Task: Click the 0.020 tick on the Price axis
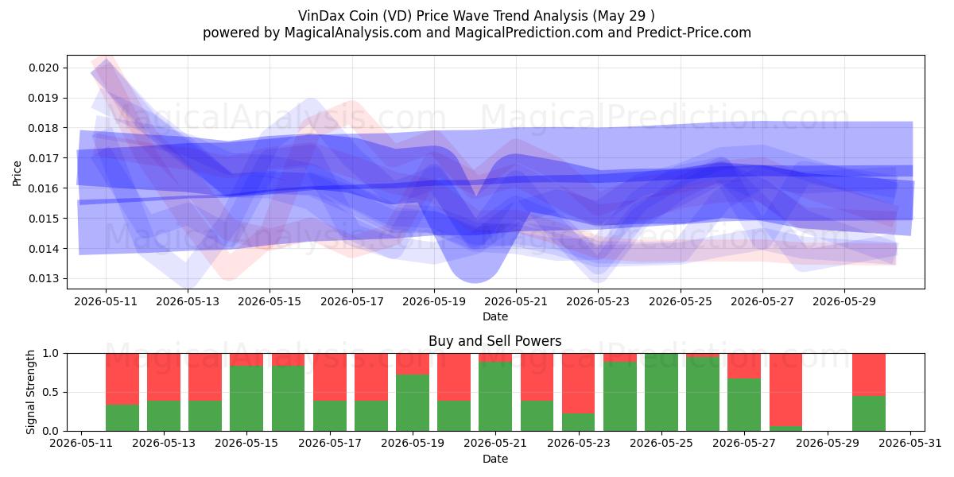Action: (44, 68)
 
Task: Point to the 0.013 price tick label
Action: (44, 278)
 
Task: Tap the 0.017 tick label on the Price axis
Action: (44, 158)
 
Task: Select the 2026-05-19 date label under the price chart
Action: (434, 301)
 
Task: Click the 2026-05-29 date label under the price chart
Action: (844, 301)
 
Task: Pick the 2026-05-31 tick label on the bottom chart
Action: (910, 444)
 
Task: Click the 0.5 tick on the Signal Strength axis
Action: (51, 392)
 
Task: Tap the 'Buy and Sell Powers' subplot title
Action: (494, 341)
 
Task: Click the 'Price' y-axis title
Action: (17, 173)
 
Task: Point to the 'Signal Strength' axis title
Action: (30, 392)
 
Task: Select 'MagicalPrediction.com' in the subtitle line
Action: (529, 33)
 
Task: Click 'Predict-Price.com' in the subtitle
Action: (694, 33)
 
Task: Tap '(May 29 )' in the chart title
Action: (623, 16)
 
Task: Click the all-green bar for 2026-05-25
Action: (661, 392)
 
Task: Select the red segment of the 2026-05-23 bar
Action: (579, 383)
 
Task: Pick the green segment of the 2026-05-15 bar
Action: (246, 398)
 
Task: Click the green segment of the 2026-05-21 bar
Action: (494, 396)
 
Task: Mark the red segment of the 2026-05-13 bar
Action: (164, 377)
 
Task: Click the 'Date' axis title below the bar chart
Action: (494, 459)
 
